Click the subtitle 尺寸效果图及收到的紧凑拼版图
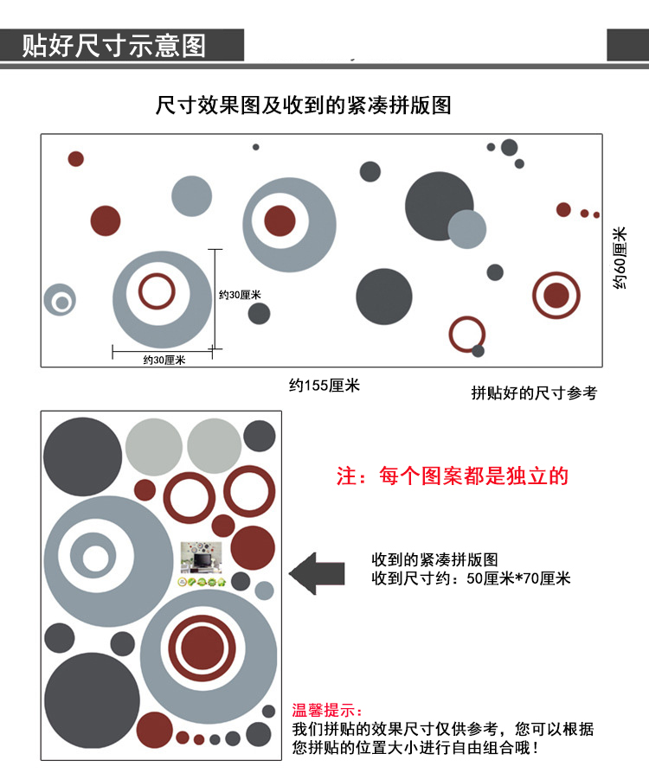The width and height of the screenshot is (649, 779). point(303,106)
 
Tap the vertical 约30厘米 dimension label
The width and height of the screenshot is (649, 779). point(240,295)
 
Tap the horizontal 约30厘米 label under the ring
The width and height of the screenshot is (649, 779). point(164,360)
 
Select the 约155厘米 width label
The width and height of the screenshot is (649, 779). point(324,386)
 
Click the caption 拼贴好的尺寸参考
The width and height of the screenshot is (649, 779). point(534,393)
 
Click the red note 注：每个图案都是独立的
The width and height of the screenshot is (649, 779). point(452,476)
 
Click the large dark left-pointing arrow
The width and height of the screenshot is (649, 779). point(316,573)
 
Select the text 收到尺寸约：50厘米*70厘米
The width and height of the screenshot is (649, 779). point(471,578)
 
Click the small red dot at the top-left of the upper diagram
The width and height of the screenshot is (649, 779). point(76,159)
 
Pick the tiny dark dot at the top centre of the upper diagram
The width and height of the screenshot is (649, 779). point(256,147)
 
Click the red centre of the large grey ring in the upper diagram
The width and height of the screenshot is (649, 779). point(280,221)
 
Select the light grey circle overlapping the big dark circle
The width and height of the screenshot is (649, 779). point(468,229)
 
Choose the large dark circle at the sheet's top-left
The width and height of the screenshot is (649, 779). point(82,457)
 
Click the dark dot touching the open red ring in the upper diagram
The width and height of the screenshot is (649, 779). point(478,351)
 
